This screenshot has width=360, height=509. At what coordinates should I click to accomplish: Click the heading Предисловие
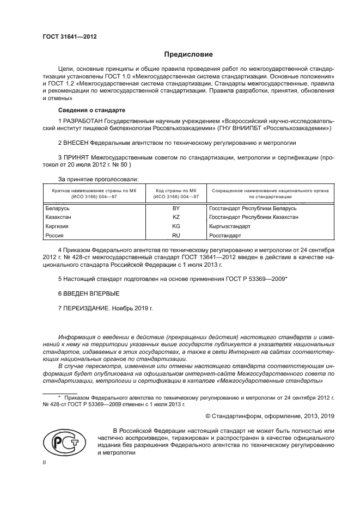pyautogui.click(x=189, y=54)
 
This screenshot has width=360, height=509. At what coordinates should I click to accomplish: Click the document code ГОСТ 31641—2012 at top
pyautogui.click(x=69, y=36)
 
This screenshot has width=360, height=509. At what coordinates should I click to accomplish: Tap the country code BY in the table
pyautogui.click(x=175, y=208)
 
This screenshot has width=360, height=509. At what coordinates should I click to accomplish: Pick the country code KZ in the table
pyautogui.click(x=175, y=217)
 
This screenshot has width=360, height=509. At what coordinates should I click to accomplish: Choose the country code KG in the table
pyautogui.click(x=175, y=226)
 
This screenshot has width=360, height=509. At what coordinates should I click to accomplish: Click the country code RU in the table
pyautogui.click(x=175, y=235)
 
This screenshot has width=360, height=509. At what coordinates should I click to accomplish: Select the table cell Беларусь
pyautogui.click(x=56, y=208)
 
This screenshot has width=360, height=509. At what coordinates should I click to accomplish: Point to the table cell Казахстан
pyautogui.click(x=58, y=217)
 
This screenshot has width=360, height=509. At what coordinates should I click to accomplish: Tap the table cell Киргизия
pyautogui.click(x=57, y=226)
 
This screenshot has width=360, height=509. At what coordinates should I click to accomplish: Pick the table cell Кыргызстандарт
pyautogui.click(x=230, y=226)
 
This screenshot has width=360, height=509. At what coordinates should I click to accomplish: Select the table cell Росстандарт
pyautogui.click(x=225, y=235)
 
